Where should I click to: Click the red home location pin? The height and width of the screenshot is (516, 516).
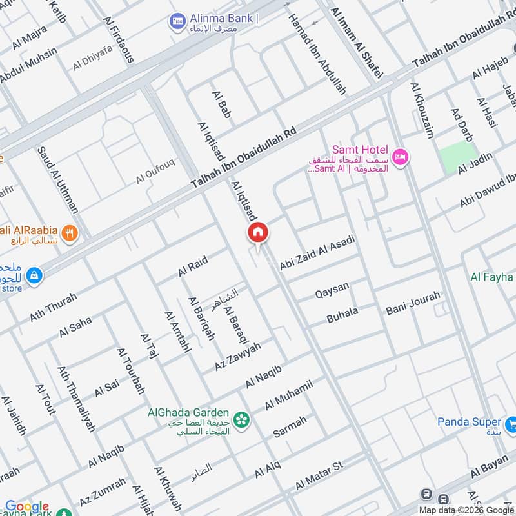click(257, 233)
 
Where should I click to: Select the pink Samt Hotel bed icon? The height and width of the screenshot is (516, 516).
click(401, 157)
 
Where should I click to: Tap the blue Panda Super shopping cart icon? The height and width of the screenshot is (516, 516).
click(511, 424)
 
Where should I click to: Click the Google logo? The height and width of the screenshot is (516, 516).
click(27, 506)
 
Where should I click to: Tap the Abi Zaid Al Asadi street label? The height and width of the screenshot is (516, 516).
click(317, 253)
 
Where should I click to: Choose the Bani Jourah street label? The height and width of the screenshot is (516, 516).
click(413, 303)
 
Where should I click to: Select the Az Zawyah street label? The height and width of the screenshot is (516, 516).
click(238, 357)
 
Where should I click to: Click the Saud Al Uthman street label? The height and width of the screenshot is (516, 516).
click(58, 180)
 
